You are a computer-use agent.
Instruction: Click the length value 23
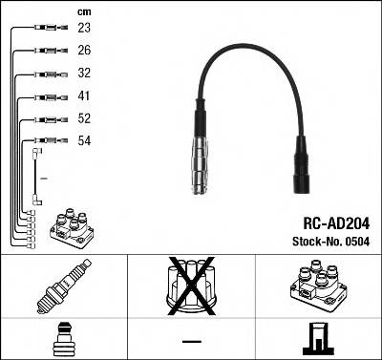(x=85, y=29)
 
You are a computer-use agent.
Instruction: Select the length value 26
(x=85, y=51)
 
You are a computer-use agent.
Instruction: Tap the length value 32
(x=85, y=74)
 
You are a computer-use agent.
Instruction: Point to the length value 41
(x=85, y=96)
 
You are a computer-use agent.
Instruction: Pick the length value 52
(x=85, y=119)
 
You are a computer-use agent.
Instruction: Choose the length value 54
(x=85, y=141)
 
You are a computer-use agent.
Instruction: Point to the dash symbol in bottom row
(x=191, y=341)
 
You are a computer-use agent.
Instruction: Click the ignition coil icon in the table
(x=317, y=286)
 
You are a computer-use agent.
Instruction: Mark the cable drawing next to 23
(x=48, y=29)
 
